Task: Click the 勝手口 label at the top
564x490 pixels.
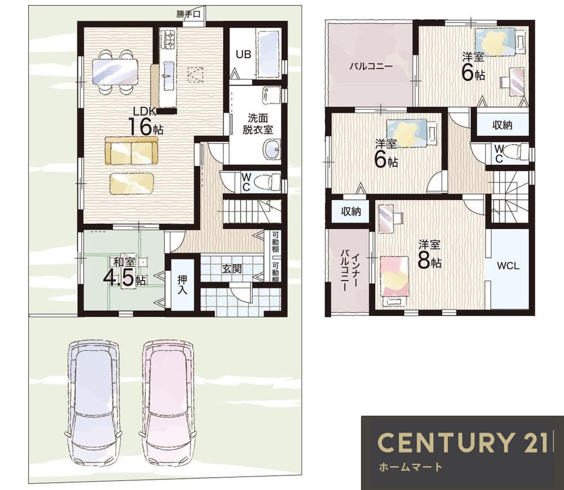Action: pyautogui.click(x=188, y=14)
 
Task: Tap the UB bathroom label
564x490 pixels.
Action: pyautogui.click(x=244, y=54)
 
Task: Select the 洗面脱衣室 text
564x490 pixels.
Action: pyautogui.click(x=258, y=124)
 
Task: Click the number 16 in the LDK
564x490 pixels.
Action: pyautogui.click(x=140, y=127)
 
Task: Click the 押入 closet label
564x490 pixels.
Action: pyautogui.click(x=182, y=284)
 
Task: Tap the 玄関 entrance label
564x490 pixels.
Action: pyautogui.click(x=231, y=268)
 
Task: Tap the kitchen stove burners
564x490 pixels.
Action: pyautogui.click(x=168, y=39)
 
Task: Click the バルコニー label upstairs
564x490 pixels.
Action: pyautogui.click(x=371, y=66)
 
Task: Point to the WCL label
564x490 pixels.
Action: pyautogui.click(x=508, y=266)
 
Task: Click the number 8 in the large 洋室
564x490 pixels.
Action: pyautogui.click(x=424, y=261)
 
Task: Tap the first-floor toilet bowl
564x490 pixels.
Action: pyautogui.click(x=267, y=182)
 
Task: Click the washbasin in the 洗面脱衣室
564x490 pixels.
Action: pyautogui.click(x=272, y=149)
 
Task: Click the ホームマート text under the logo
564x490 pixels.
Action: pyautogui.click(x=411, y=467)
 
